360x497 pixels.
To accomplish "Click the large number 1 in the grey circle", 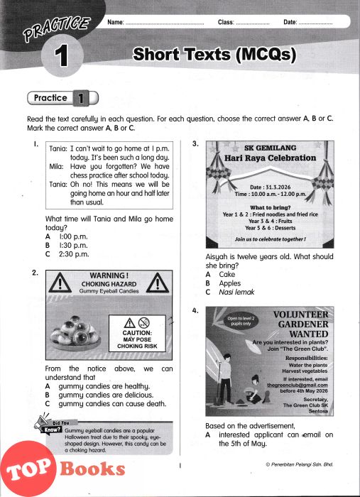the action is (61, 56).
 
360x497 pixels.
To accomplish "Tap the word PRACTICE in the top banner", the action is (56, 29).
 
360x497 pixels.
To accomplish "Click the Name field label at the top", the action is (115, 22).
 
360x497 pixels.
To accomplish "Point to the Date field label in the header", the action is (290, 22).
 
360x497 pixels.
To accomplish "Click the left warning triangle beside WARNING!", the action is (60, 283).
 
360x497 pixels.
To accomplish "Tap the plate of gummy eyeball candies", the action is (75, 334).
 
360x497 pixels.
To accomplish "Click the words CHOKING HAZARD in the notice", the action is (109, 284).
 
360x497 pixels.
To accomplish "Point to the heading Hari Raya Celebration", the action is (271, 158).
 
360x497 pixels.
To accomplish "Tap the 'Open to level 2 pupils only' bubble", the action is (241, 321).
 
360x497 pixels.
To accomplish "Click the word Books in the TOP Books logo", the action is (92, 469).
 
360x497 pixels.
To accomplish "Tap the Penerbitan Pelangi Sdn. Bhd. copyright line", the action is (300, 464).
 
